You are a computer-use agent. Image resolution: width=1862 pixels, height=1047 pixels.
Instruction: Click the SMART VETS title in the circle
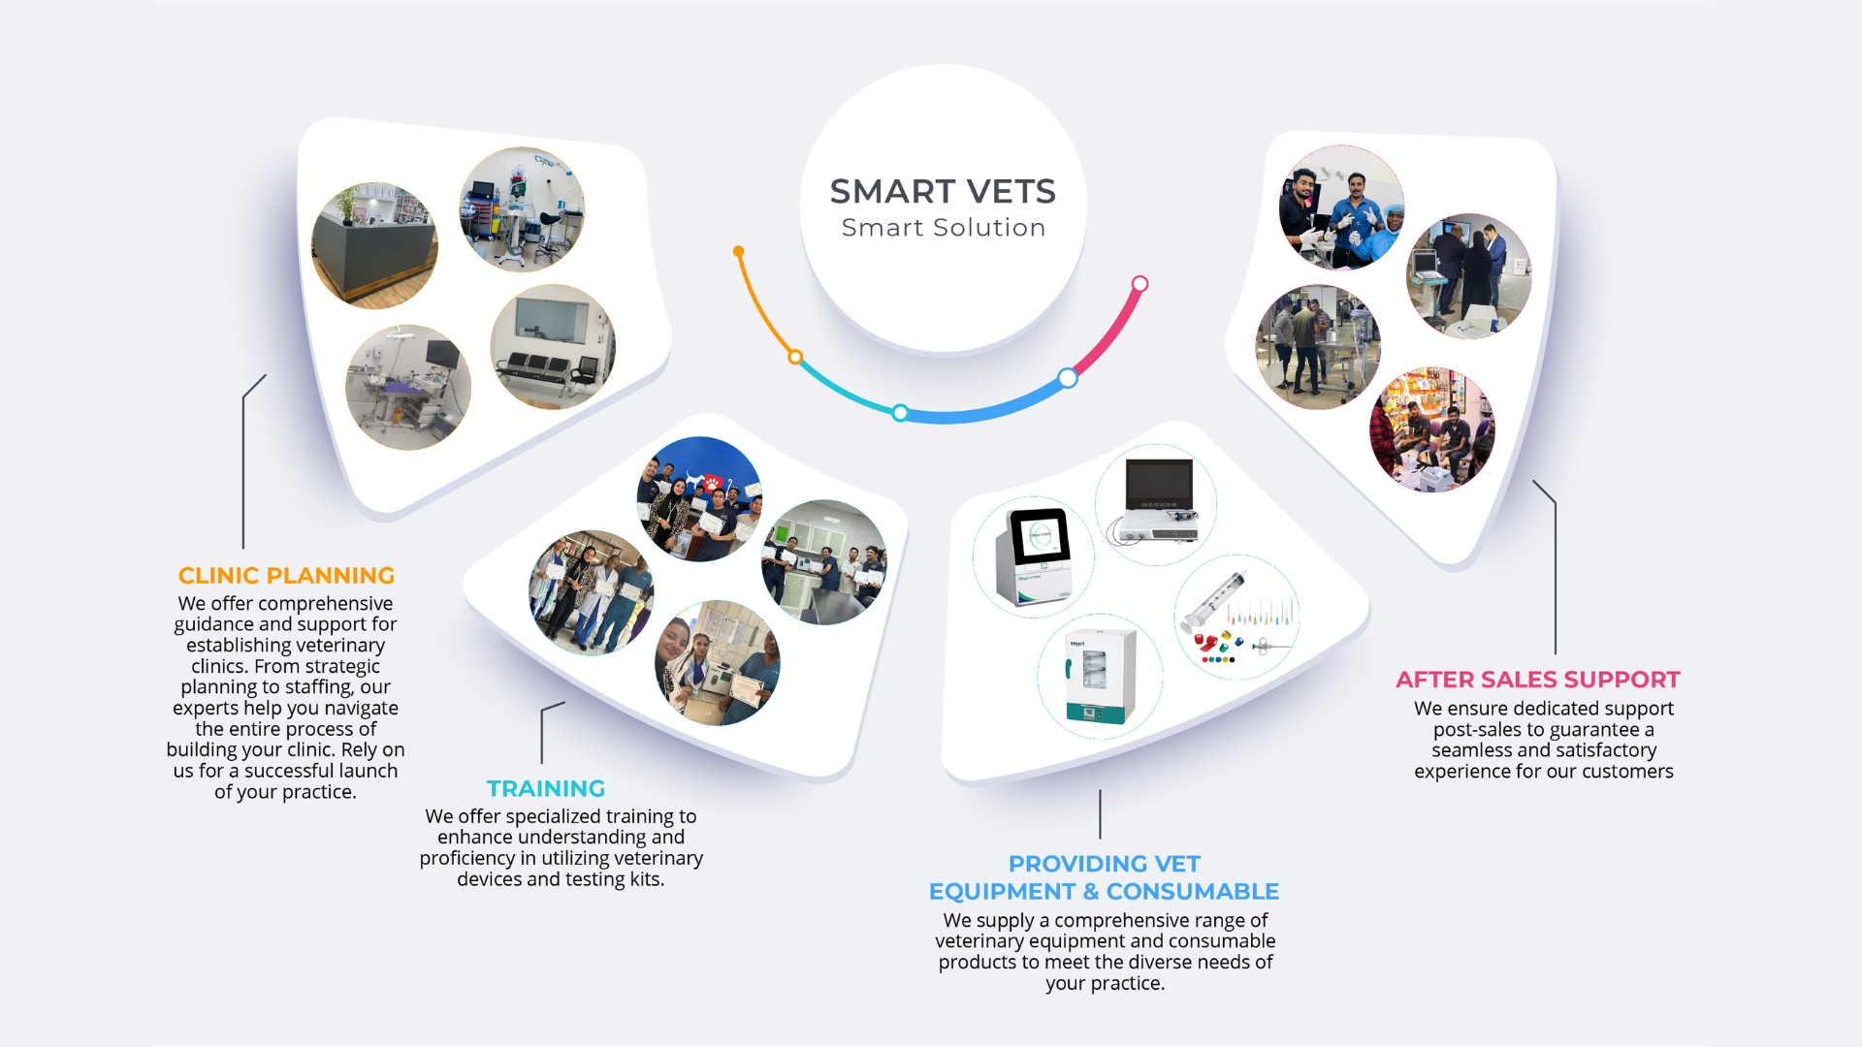pyautogui.click(x=943, y=191)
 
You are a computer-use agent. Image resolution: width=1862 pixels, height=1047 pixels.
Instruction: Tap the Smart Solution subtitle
pyautogui.click(x=944, y=228)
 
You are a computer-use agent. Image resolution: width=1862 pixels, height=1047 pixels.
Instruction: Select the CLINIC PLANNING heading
pyautogui.click(x=287, y=576)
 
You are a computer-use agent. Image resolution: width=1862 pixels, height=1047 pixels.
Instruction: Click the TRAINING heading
pyautogui.click(x=546, y=789)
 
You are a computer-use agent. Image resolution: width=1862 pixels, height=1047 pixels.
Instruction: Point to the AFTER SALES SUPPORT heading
pyautogui.click(x=1538, y=680)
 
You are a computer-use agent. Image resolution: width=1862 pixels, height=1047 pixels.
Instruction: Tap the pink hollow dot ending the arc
pyautogui.click(x=1140, y=284)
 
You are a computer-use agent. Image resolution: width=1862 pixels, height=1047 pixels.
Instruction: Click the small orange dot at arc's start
pyautogui.click(x=739, y=251)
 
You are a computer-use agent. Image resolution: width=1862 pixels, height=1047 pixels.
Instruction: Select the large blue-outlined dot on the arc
pyautogui.click(x=1068, y=378)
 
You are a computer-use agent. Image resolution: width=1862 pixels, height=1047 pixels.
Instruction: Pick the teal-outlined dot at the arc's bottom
pyautogui.click(x=900, y=413)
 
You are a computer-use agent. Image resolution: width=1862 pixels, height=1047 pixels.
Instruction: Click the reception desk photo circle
pyautogui.click(x=374, y=245)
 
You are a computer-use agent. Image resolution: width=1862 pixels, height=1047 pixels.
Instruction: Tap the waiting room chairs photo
pyautogui.click(x=553, y=346)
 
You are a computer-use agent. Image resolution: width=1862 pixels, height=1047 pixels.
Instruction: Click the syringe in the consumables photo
pyautogui.click(x=1213, y=601)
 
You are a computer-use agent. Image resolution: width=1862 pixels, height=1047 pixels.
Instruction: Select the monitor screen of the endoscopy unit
pyautogui.click(x=1159, y=485)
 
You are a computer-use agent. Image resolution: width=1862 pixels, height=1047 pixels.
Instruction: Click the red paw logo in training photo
pyautogui.click(x=713, y=482)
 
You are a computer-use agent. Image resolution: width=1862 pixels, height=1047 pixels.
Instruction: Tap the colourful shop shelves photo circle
pyautogui.click(x=1431, y=429)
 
